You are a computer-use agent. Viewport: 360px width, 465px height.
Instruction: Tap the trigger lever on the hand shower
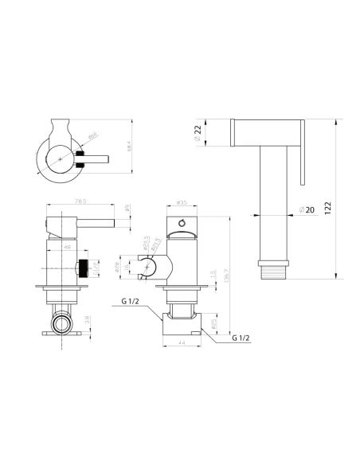302,150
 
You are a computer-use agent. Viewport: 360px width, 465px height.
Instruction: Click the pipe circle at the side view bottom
61,322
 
